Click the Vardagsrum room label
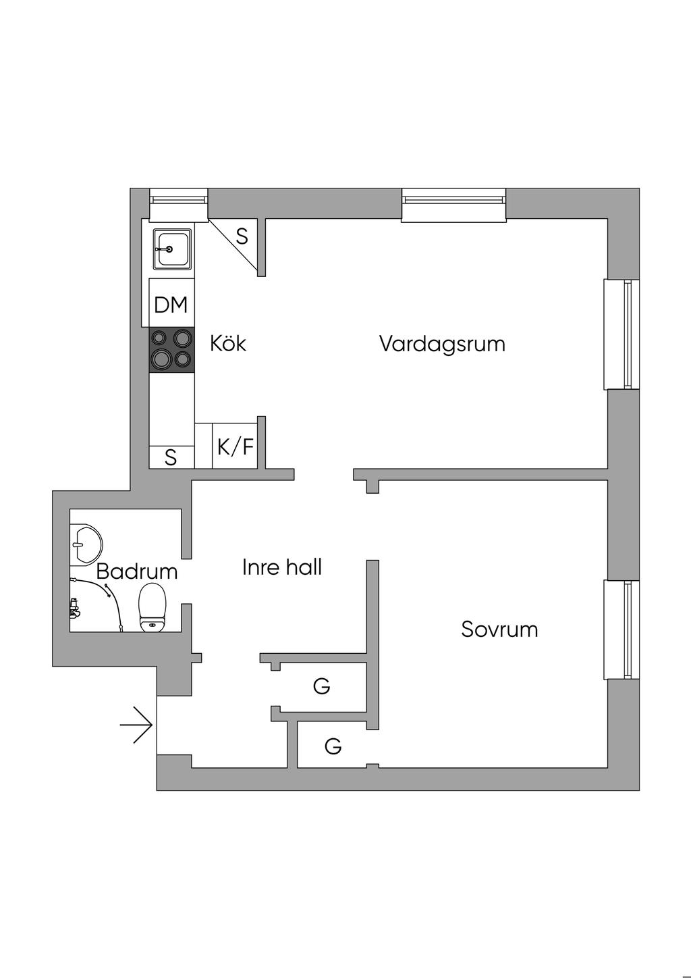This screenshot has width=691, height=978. [x=442, y=344]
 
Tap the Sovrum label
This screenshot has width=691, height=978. [x=499, y=629]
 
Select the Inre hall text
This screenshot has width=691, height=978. [x=281, y=567]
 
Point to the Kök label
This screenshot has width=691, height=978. [x=228, y=343]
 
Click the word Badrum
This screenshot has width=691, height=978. [x=136, y=571]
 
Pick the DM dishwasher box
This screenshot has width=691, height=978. [x=171, y=305]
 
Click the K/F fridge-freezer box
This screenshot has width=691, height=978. [x=236, y=446]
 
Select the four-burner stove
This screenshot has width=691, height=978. [x=171, y=349]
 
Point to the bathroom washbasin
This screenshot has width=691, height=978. [x=87, y=544]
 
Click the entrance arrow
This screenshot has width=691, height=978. [x=137, y=725]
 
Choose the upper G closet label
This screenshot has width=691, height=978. [x=321, y=687]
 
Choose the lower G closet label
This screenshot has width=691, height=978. [x=333, y=746]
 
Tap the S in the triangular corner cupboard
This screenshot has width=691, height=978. [x=242, y=237]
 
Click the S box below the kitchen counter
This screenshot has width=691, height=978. [x=171, y=458]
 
